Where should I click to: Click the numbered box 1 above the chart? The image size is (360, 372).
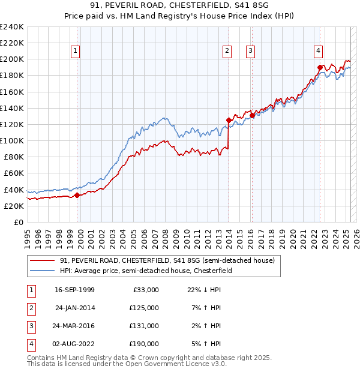[x=76, y=51]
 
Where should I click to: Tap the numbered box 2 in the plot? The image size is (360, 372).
[x=227, y=51]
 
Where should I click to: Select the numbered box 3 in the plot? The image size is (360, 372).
[x=250, y=51]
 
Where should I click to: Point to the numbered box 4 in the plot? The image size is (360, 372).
[x=318, y=51]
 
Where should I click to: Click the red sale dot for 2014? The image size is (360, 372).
[x=229, y=120]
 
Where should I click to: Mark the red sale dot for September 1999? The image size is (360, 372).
[x=77, y=195]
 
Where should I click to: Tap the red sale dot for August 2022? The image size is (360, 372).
[x=319, y=67]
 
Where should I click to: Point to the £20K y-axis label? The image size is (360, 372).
[x=14, y=206]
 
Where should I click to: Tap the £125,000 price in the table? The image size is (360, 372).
[x=144, y=308]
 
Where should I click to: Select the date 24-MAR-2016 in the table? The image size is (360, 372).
[x=75, y=326]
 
